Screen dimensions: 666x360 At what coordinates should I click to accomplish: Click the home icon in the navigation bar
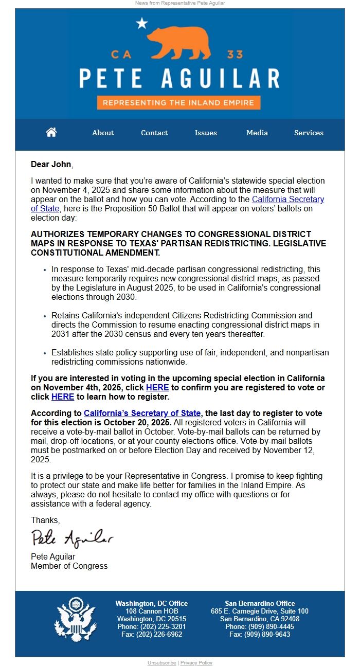pos(51,133)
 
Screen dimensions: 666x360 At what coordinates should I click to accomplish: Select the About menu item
pos(103,133)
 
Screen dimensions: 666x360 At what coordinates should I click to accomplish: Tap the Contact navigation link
pos(154,133)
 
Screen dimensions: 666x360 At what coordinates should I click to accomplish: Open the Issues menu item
pos(206,133)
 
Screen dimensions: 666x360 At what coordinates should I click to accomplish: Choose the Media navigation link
pos(257,133)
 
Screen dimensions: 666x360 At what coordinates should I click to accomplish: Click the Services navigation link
pos(309,133)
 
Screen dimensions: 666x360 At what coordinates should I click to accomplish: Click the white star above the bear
pos(142,23)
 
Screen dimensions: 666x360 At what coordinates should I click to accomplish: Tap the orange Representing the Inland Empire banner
pos(178,102)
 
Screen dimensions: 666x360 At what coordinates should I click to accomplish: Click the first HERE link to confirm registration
pos(157,387)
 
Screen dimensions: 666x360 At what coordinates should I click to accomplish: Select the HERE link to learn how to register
pos(63,397)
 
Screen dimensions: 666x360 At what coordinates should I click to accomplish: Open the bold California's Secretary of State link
pos(142,413)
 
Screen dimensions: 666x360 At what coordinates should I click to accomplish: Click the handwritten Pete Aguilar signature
pos(72,538)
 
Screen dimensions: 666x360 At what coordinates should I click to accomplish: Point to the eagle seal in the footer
pos(76,619)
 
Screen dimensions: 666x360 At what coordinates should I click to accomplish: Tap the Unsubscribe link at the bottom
pos(161,663)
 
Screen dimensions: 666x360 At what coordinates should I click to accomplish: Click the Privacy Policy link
pos(196,663)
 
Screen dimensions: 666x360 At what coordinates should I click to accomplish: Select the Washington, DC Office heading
pos(152,603)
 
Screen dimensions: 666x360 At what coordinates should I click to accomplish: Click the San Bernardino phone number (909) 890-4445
pos(260,627)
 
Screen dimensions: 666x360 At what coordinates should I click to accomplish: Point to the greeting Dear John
pos(51,165)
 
